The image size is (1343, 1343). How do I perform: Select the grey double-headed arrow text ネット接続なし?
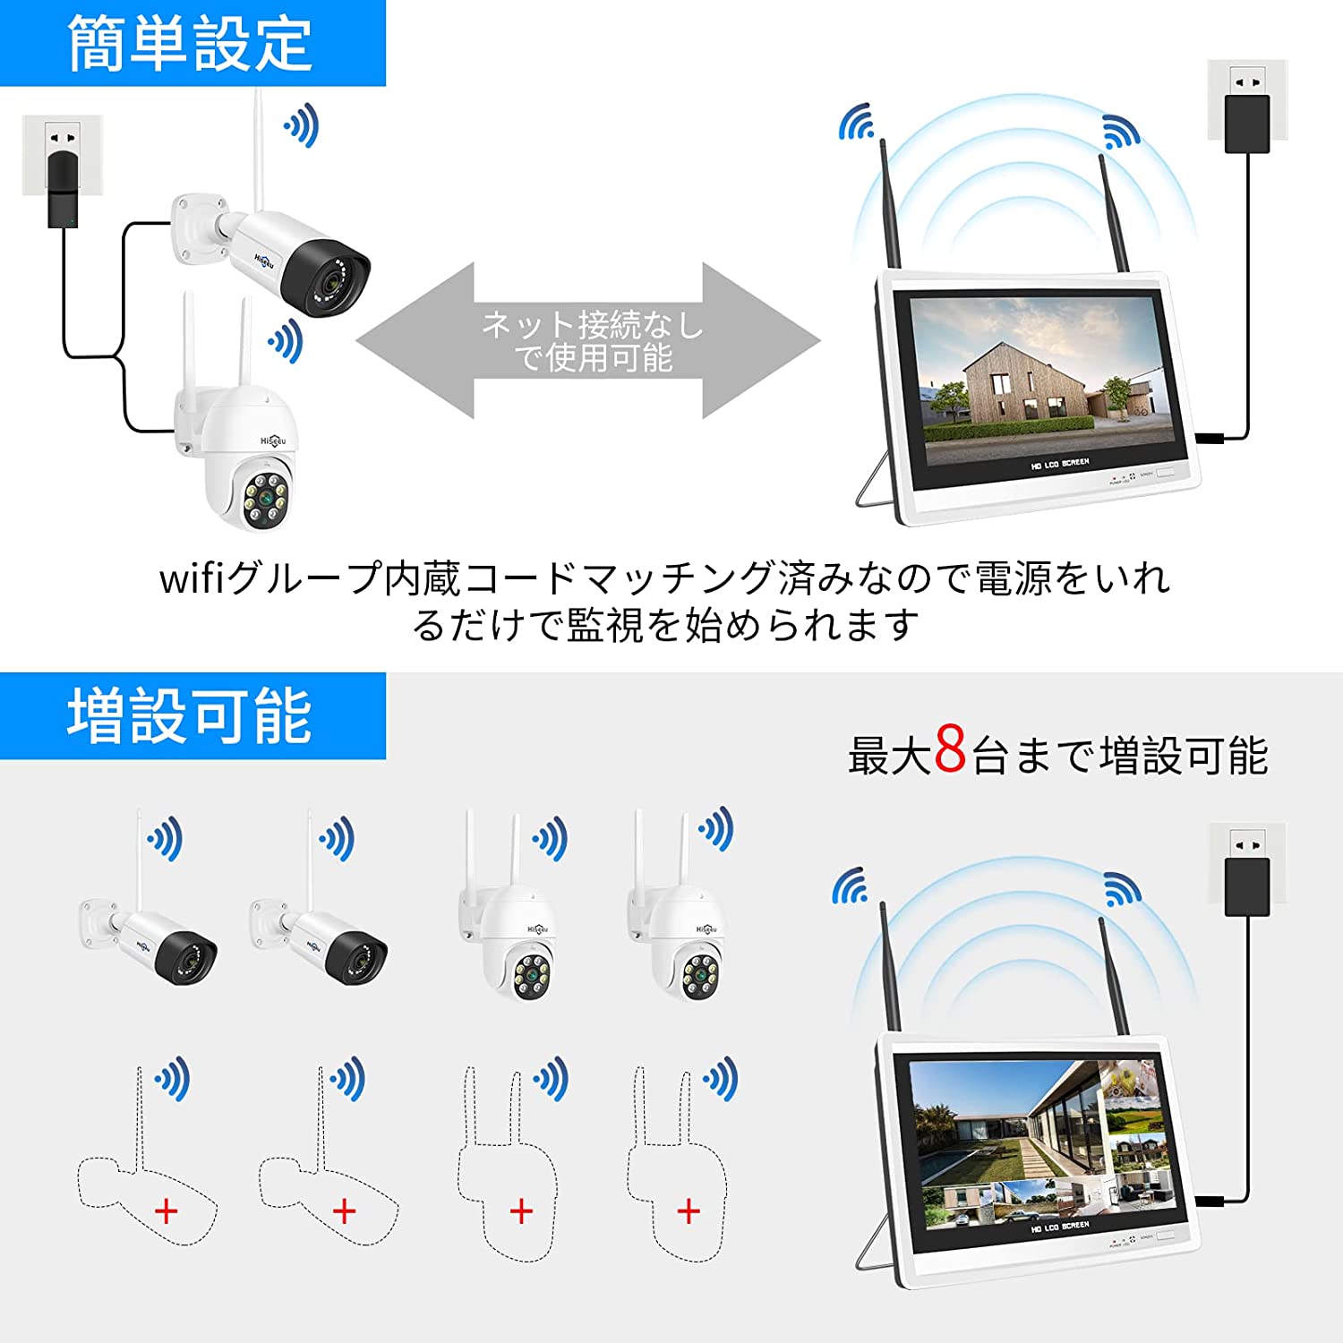[x=592, y=324]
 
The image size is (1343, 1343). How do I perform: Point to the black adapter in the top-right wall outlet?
[x=1247, y=124]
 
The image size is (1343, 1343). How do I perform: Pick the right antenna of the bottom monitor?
[x=1116, y=976]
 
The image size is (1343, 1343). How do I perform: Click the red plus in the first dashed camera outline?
[x=167, y=1211]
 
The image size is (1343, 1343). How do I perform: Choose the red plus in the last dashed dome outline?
[x=689, y=1211]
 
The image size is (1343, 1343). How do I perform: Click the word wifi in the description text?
[x=191, y=578]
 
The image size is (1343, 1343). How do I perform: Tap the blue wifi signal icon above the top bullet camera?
[x=303, y=125]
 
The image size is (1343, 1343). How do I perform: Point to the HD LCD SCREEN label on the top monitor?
[x=1060, y=464]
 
